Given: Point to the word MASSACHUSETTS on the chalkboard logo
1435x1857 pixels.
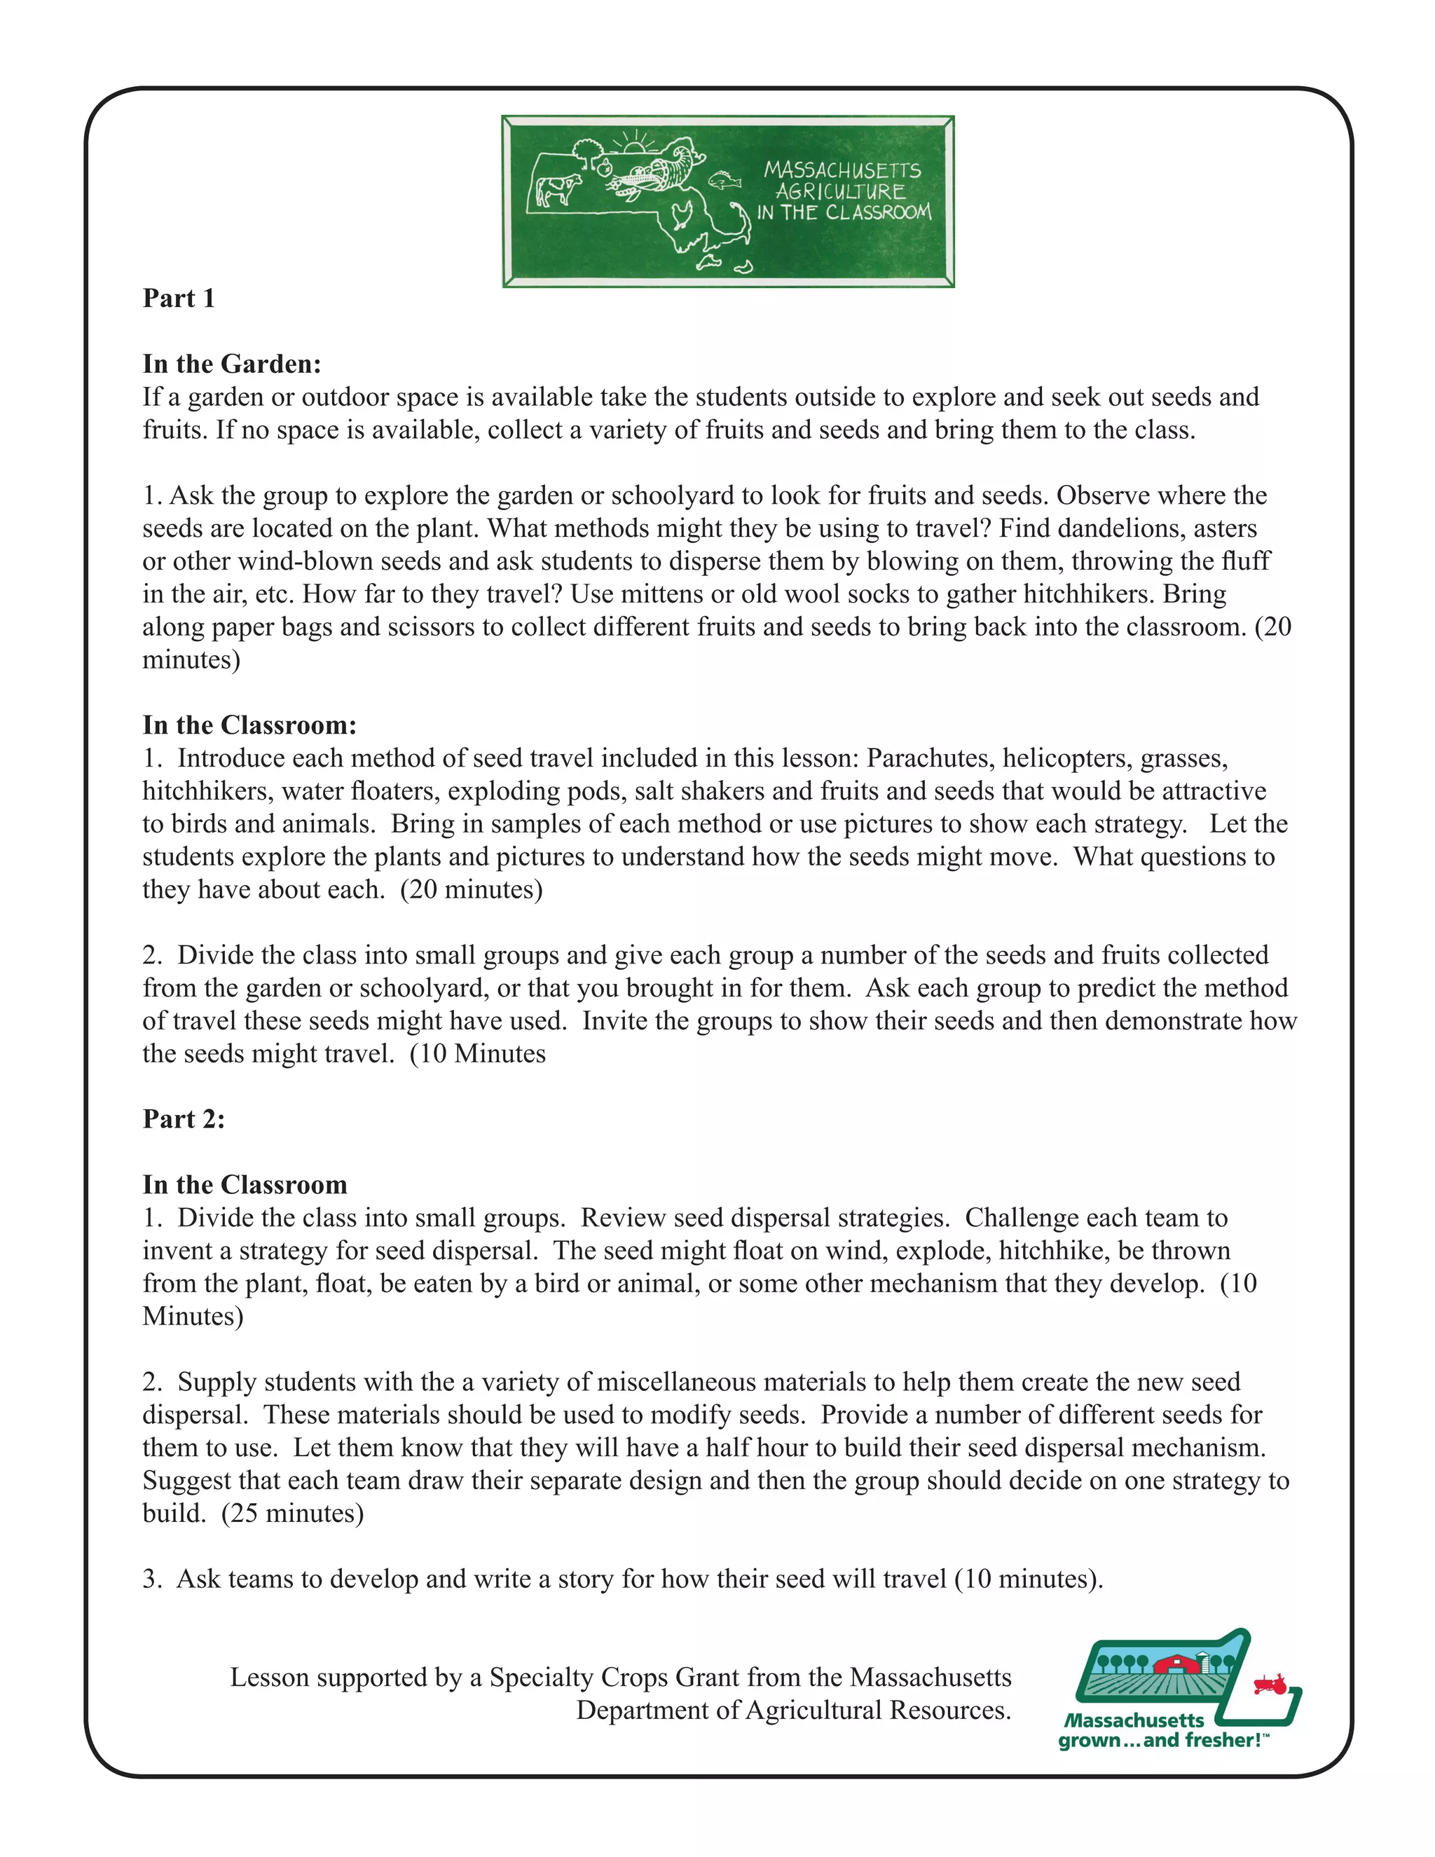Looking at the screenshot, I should pos(842,170).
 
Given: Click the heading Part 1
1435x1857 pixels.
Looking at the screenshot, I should pos(179,299).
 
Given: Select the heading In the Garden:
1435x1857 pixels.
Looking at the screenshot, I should pos(232,364).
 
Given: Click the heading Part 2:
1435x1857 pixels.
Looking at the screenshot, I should pos(184,1119).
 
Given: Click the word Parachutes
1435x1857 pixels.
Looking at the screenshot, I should pos(930,758).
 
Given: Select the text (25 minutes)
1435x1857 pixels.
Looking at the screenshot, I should pos(292,1513).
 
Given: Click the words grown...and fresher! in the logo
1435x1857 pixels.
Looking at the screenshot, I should pos(1163,1741).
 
